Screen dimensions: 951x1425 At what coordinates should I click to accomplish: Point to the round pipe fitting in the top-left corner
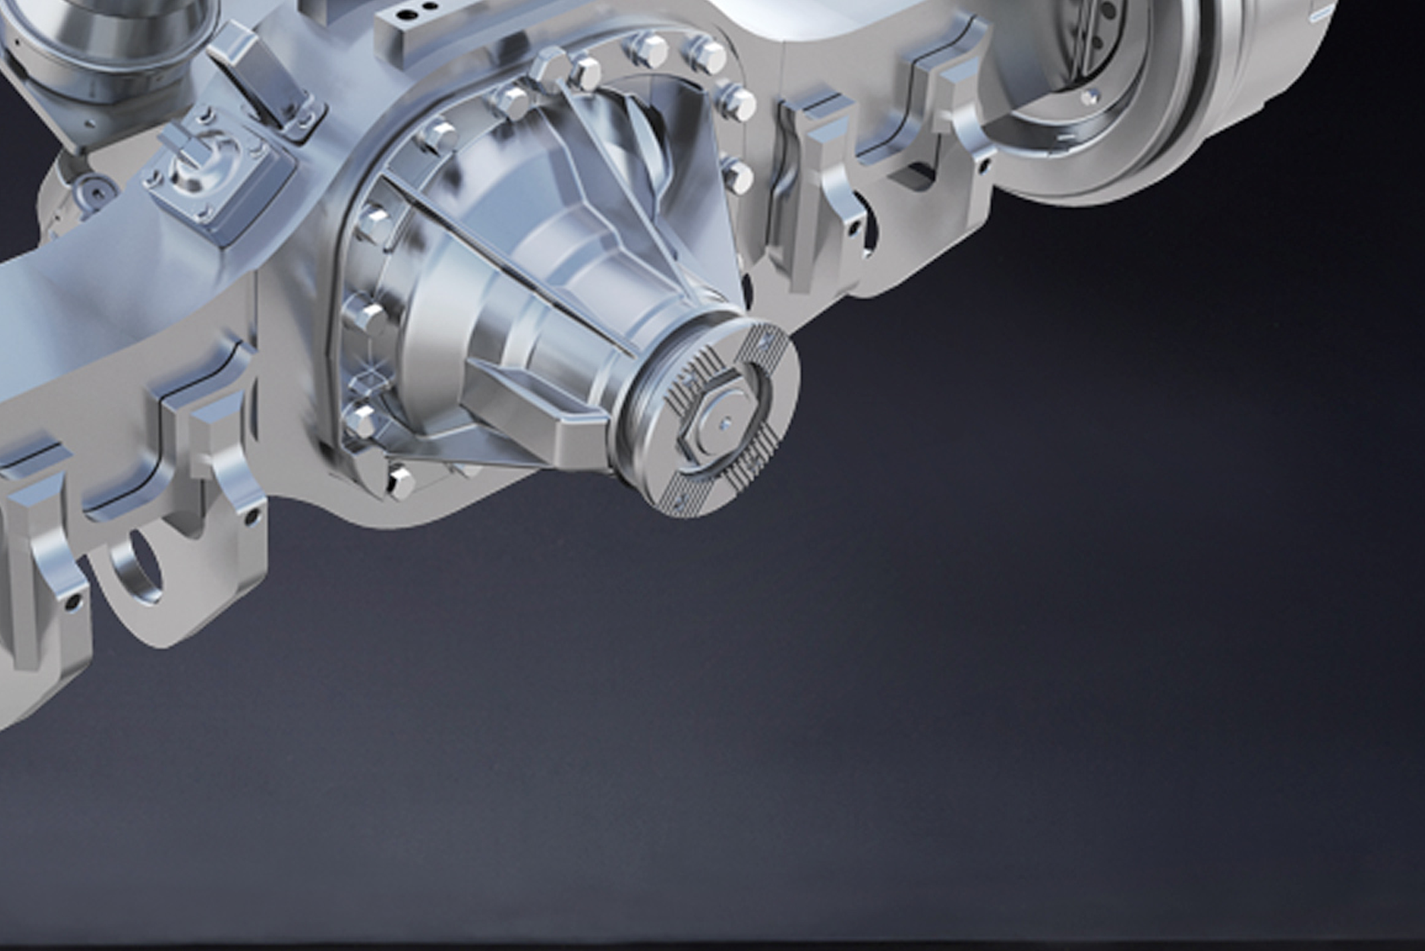point(110,33)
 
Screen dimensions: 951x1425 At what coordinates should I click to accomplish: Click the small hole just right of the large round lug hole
point(252,516)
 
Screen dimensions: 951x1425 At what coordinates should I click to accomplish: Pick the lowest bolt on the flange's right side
point(737,175)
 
